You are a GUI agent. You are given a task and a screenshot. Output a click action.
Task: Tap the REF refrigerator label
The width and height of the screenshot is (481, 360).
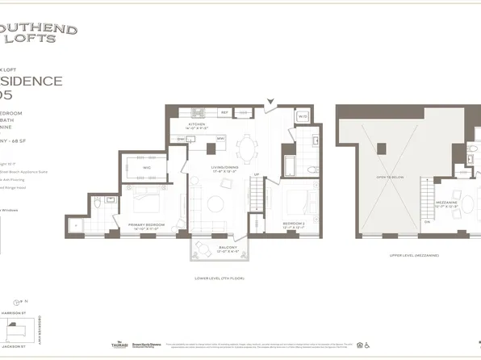225,113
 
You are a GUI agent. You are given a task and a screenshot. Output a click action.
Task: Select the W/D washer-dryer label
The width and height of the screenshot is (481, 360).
281,115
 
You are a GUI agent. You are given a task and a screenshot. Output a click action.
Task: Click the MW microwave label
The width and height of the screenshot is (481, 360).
220,138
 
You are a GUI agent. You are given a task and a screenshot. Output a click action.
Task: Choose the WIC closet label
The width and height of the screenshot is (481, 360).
147,167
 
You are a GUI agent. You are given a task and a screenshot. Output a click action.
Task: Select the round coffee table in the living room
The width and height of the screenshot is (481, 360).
214,202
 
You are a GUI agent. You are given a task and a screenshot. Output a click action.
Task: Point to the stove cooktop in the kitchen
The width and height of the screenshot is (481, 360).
195,112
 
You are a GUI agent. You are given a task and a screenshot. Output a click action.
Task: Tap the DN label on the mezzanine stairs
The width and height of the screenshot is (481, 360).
427,220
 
